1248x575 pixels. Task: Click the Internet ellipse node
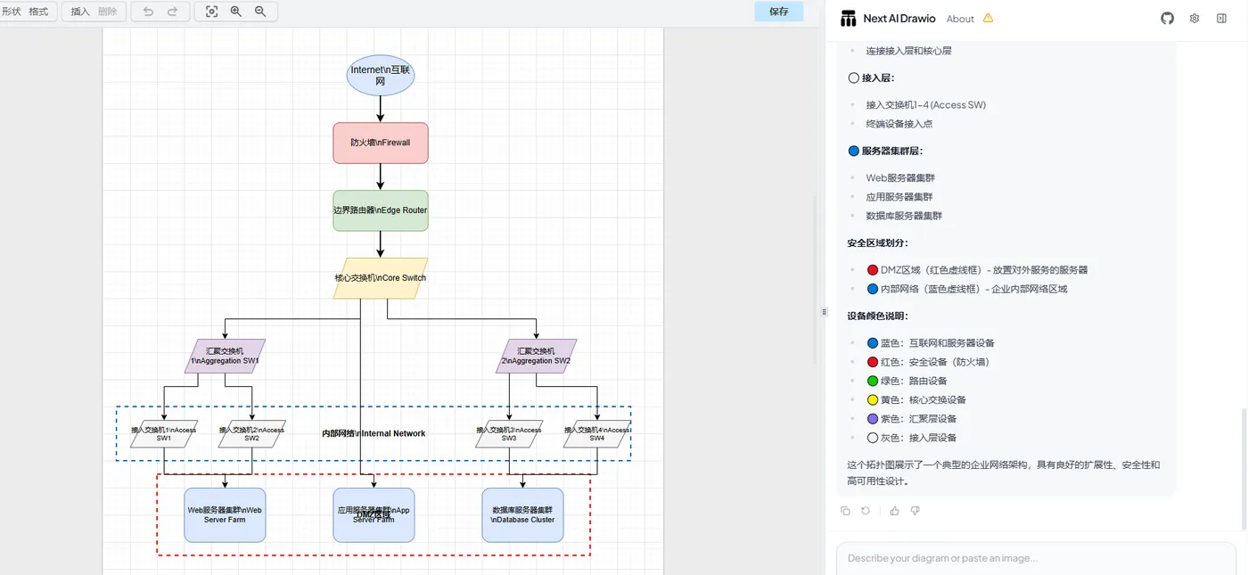coord(381,75)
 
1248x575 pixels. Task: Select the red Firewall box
coord(381,143)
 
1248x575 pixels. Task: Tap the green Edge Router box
coord(381,210)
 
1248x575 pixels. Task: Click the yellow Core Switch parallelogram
coord(381,278)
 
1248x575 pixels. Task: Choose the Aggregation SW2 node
coord(536,356)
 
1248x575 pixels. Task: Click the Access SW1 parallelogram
coord(164,434)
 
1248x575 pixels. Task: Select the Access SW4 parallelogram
coord(597,434)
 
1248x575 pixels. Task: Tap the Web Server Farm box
coord(225,514)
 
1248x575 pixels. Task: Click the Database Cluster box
coord(522,514)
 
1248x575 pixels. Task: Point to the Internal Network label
coord(374,433)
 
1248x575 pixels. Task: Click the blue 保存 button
coord(778,12)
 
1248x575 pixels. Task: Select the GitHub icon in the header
coord(1167,18)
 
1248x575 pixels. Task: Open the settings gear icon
coord(1195,18)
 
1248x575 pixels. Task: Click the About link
coord(960,19)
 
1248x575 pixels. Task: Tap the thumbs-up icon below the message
coord(894,511)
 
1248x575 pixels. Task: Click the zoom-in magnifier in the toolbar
coord(236,12)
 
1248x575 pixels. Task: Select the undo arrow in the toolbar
coord(148,12)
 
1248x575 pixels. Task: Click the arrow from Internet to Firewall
coord(381,109)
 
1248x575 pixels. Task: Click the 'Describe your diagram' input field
coord(1034,558)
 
